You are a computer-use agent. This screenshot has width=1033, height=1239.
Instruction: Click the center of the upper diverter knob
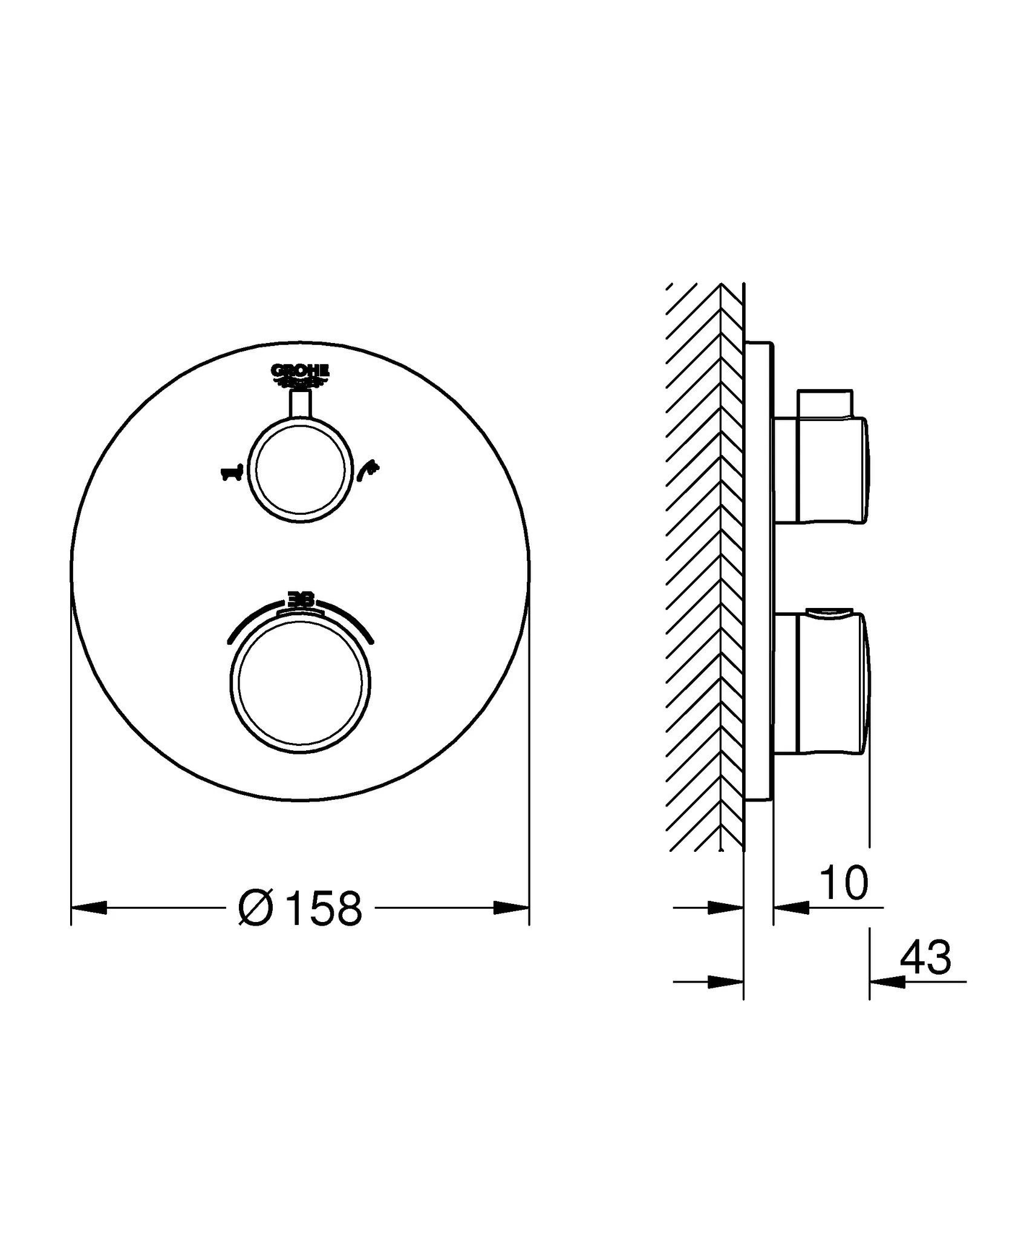tap(301, 470)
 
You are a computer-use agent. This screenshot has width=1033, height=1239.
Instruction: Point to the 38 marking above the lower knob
tap(301, 600)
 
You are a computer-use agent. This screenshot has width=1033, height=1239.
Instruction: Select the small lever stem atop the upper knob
tap(301, 404)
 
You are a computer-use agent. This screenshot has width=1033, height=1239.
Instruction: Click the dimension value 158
tap(324, 908)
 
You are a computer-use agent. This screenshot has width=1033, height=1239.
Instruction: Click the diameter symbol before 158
tap(255, 908)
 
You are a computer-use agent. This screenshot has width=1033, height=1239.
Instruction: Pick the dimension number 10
tap(844, 884)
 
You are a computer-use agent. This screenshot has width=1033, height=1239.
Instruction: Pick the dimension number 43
tap(925, 958)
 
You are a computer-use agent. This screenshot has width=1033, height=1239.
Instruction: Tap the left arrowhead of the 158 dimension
tap(89, 907)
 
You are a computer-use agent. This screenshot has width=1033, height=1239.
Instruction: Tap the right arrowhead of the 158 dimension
tap(512, 907)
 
